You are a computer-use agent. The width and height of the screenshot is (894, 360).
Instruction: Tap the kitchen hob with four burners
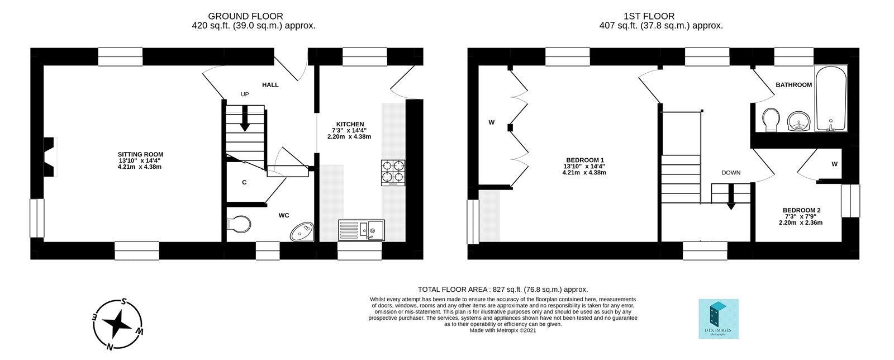click(393, 173)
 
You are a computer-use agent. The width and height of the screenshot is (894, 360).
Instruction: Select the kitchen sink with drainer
click(361, 230)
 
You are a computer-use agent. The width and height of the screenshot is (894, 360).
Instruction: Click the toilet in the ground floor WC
click(239, 224)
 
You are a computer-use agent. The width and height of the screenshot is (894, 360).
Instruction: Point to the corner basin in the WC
click(303, 231)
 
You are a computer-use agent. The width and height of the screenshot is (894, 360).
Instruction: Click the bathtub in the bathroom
click(830, 99)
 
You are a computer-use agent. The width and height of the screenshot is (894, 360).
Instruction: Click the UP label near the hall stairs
click(245, 94)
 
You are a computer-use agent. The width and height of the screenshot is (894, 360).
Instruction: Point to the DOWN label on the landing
click(731, 173)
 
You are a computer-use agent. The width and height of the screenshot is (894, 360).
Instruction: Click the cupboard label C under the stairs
click(244, 182)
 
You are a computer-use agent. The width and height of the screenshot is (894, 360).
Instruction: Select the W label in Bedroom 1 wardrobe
click(492, 122)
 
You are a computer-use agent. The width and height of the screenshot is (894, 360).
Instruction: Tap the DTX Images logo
click(719, 319)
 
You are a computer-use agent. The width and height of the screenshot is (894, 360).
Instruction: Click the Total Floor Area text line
click(503, 289)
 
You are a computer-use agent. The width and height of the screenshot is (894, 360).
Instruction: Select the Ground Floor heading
click(245, 16)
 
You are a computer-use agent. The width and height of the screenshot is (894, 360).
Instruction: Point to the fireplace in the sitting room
click(50, 157)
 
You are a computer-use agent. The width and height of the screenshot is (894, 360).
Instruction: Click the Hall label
click(270, 85)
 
